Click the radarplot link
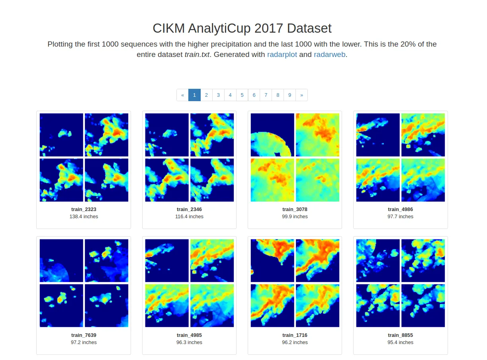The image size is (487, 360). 282,55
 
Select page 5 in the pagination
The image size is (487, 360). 242,95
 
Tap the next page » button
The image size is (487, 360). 301,95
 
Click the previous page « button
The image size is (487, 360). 182,95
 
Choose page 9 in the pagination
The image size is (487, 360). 289,95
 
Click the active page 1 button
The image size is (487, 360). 194,95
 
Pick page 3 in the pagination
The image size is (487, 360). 218,95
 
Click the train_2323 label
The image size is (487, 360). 84,209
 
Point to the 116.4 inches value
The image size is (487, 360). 189,217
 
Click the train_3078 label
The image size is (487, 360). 295,209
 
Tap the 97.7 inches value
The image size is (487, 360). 400,217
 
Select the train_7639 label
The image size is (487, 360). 84,335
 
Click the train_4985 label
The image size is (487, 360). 189,335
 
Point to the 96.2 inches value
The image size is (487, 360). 295,342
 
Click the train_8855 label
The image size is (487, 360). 400,335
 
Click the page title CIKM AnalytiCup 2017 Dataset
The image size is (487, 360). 242,28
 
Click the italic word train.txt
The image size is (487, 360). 197,55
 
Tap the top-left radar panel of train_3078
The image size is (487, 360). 272,135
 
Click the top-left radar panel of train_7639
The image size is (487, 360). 61,260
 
